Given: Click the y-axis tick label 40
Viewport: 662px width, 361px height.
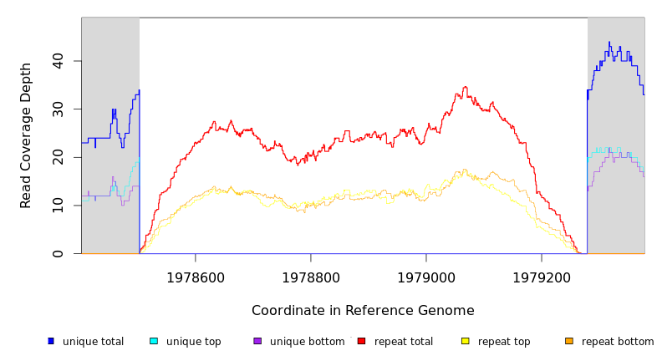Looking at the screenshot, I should pos(59,61).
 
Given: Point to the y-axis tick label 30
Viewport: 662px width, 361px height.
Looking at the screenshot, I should pos(59,109).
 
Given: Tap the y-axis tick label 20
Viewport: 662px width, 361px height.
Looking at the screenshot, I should pos(59,157).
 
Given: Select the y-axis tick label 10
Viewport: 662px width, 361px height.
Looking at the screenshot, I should pos(59,206).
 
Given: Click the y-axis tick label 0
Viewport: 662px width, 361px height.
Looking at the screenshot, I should pos(59,253).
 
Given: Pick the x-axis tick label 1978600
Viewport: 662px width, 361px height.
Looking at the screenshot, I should pos(196,277).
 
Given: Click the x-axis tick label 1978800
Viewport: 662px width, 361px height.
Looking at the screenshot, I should pos(311,277).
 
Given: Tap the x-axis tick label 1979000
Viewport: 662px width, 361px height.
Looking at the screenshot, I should pos(426,277).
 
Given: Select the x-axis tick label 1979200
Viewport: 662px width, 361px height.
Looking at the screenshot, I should pos(542,277).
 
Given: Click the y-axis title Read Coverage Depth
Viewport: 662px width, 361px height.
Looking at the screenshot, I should pos(27,135).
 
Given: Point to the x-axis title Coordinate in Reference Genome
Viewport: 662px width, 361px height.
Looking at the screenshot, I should pos(363,311).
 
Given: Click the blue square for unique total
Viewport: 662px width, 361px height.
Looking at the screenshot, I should pos(51,341).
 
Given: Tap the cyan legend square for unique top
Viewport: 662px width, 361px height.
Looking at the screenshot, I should pos(154,341).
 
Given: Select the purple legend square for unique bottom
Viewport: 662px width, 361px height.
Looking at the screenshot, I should pos(257,341).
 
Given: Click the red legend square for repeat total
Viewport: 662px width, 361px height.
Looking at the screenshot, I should pos(361,341).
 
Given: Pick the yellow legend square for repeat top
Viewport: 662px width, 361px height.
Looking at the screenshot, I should pos(465,341).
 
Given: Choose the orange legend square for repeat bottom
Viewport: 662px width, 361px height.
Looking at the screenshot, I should pos(569,341).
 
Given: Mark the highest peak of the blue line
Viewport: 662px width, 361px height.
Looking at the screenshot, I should pos(609,43).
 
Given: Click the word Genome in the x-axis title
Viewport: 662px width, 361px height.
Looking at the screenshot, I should pos(446,311).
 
